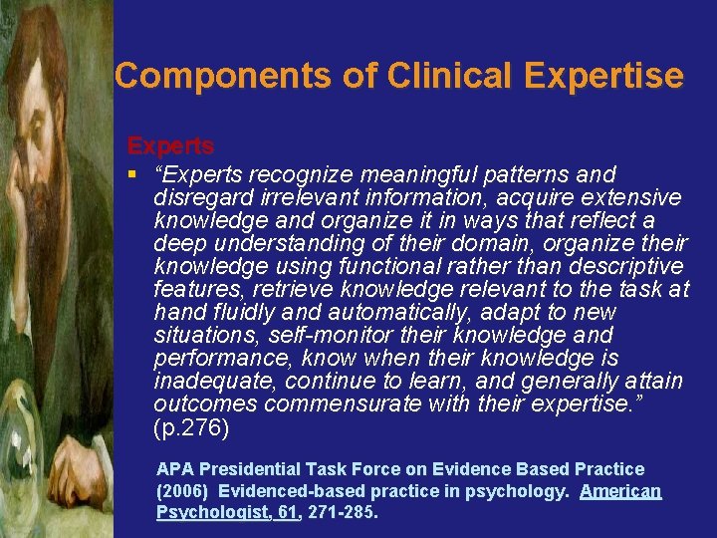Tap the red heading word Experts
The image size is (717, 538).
(170, 145)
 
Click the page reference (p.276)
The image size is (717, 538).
(191, 427)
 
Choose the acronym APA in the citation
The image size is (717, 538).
(175, 468)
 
